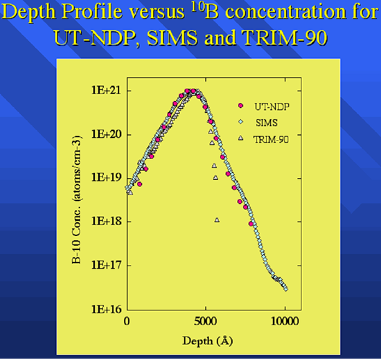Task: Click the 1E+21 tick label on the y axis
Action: [106, 91]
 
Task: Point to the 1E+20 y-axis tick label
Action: [106, 134]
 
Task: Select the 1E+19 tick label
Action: [106, 178]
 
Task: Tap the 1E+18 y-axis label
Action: [106, 222]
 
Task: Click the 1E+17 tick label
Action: [106, 265]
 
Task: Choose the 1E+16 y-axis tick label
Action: [106, 309]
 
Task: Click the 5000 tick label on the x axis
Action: [205, 322]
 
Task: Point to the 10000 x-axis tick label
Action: [285, 322]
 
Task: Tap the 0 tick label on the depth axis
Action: [127, 322]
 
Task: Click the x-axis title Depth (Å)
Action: [208, 341]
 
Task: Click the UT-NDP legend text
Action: [272, 107]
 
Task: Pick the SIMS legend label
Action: [267, 123]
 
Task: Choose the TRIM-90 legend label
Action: [271, 140]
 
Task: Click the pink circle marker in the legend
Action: [240, 106]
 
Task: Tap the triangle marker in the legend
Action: [240, 138]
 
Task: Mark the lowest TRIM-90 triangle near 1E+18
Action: [217, 220]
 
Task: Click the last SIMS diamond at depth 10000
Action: [285, 289]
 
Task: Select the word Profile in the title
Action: [91, 11]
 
